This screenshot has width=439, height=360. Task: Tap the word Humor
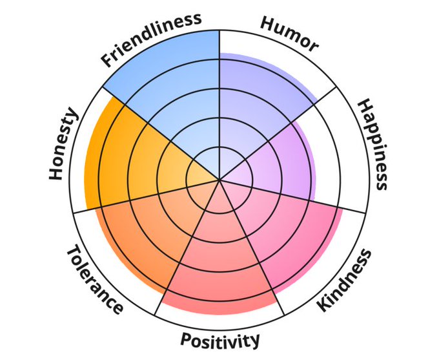coord(289,33)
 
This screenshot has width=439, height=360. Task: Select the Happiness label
coord(372,144)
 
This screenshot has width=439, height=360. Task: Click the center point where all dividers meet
coord(219,179)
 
